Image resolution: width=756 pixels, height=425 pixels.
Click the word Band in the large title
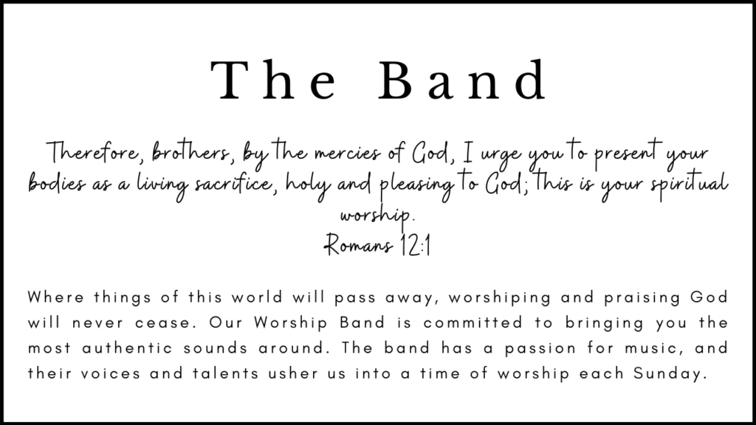462,80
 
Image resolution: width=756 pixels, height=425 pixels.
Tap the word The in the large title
273,80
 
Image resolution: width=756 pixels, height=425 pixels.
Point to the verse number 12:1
415,245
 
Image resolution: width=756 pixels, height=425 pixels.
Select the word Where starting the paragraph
56,297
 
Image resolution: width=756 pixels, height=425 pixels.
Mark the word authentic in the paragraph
127,348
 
